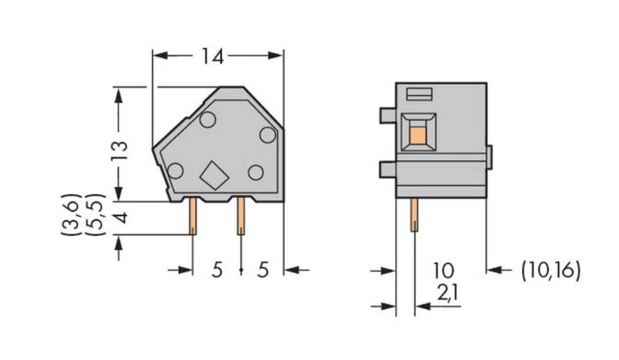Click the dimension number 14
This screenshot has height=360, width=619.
point(212,57)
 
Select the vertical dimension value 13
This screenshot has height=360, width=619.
point(120,150)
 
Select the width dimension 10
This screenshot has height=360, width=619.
point(443,270)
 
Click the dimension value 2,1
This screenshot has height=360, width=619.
point(448,294)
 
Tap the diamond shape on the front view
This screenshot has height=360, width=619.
point(214,175)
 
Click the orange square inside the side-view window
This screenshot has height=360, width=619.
point(418,135)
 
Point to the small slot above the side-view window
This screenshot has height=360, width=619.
point(419,94)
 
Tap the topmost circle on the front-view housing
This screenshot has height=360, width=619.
point(207,120)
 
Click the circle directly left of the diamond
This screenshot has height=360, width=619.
point(176,171)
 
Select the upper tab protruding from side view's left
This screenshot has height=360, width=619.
point(387,115)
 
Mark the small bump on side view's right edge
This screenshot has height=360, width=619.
point(489,157)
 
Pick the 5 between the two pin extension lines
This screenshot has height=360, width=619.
point(217,271)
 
